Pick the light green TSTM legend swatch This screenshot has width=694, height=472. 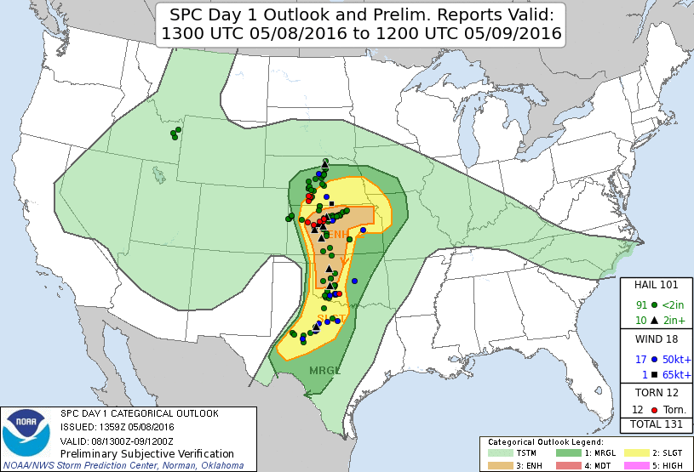click(x=498, y=454)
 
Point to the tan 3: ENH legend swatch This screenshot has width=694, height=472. click(x=498, y=465)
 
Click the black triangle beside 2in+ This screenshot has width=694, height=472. click(x=653, y=320)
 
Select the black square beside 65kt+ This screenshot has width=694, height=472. click(x=653, y=374)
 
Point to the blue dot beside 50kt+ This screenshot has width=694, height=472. click(x=653, y=359)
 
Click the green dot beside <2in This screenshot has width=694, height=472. click(x=653, y=304)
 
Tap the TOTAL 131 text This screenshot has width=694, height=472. click(x=656, y=424)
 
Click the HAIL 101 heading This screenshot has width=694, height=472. click(x=656, y=285)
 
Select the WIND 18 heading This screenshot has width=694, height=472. click(x=656, y=339)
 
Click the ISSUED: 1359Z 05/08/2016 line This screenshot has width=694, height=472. click(x=118, y=427)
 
